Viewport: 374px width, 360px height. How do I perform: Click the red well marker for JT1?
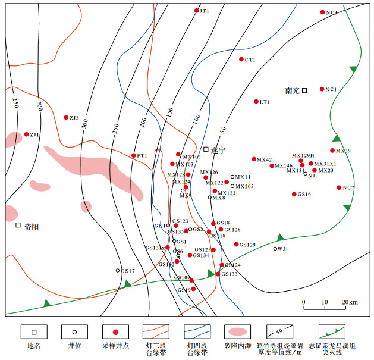pyautogui.click(x=197, y=11)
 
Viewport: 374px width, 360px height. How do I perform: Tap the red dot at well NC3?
pyautogui.click(x=323, y=12)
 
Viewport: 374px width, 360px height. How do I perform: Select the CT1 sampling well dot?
pyautogui.click(x=241, y=60)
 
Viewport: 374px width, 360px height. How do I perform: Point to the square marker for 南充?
pyautogui.click(x=304, y=90)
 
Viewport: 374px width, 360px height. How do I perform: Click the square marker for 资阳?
pyautogui.click(x=18, y=226)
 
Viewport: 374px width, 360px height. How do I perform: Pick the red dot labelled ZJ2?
pyautogui.click(x=66, y=118)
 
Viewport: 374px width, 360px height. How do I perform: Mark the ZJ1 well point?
pyautogui.click(x=27, y=134)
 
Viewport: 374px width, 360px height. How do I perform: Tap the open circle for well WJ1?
pyautogui.click(x=275, y=248)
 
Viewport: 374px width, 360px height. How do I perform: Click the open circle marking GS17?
pyautogui.click(x=118, y=271)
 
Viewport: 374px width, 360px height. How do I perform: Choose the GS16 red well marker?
pyautogui.click(x=294, y=194)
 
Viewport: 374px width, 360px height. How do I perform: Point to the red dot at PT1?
pyautogui.click(x=134, y=155)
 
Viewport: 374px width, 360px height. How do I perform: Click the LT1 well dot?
pyautogui.click(x=256, y=102)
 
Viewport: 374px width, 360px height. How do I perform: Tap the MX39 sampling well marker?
pyautogui.click(x=332, y=151)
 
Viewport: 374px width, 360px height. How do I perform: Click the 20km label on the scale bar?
pyautogui.click(x=350, y=303)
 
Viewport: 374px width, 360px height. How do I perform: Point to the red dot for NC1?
pyautogui.click(x=322, y=89)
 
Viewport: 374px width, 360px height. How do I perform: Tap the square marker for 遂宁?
pyautogui.click(x=206, y=149)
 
